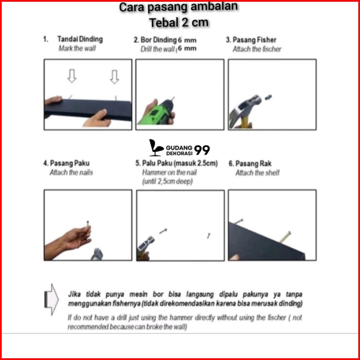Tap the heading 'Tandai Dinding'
coord(80,39)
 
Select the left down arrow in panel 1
coord(72,76)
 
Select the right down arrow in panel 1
coord(114,77)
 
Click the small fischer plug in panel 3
coord(268,97)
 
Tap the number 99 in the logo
coord(202,150)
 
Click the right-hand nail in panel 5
coord(209,236)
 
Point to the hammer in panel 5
coord(145,247)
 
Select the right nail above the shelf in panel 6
coord(285,237)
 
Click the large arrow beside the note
coord(52,299)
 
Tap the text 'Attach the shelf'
coord(257,173)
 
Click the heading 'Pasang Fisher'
coord(255,40)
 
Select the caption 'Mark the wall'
coord(77,48)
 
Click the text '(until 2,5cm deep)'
coord(167,181)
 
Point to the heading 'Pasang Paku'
coord(70,163)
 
